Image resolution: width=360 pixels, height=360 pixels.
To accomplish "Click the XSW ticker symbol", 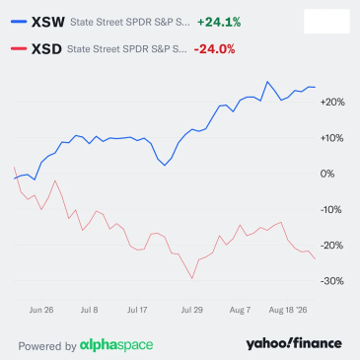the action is pyautogui.click(x=48, y=23).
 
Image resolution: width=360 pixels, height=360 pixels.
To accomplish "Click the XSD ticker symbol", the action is pyautogui.click(x=46, y=49).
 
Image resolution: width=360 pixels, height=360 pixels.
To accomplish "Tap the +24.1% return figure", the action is pyautogui.click(x=219, y=23).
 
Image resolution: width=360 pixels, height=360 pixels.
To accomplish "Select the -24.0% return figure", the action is pyautogui.click(x=214, y=49).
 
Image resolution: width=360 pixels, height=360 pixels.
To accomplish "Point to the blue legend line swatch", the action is pyautogui.click(x=19, y=22).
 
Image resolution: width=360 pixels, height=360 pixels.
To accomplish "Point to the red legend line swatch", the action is pyautogui.click(x=19, y=49).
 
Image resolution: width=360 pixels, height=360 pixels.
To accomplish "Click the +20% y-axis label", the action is pyautogui.click(x=332, y=103).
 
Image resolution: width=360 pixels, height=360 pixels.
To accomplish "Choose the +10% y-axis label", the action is pyautogui.click(x=331, y=138).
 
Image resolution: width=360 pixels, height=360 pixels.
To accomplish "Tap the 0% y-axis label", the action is pyautogui.click(x=327, y=174).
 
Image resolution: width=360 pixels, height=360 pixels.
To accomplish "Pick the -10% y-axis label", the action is pyautogui.click(x=330, y=210).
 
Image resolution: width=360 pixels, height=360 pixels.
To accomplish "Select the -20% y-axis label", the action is pyautogui.click(x=331, y=246).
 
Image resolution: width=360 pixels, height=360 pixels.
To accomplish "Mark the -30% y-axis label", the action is pyautogui.click(x=332, y=281).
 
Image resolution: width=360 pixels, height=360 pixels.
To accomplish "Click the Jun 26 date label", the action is pyautogui.click(x=41, y=310).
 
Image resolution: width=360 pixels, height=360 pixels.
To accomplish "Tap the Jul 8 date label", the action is pyautogui.click(x=90, y=310).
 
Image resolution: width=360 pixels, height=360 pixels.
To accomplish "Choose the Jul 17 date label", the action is pyautogui.click(x=137, y=310).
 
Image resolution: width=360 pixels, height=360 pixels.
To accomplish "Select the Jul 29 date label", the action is pyautogui.click(x=192, y=310).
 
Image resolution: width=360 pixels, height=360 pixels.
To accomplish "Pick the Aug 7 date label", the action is pyautogui.click(x=240, y=310).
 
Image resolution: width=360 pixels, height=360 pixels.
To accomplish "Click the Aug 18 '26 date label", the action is pyautogui.click(x=288, y=310).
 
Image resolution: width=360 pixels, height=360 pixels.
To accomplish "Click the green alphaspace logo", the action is pyautogui.click(x=116, y=345).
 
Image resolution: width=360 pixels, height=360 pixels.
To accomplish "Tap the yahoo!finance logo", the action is pyautogui.click(x=294, y=343).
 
